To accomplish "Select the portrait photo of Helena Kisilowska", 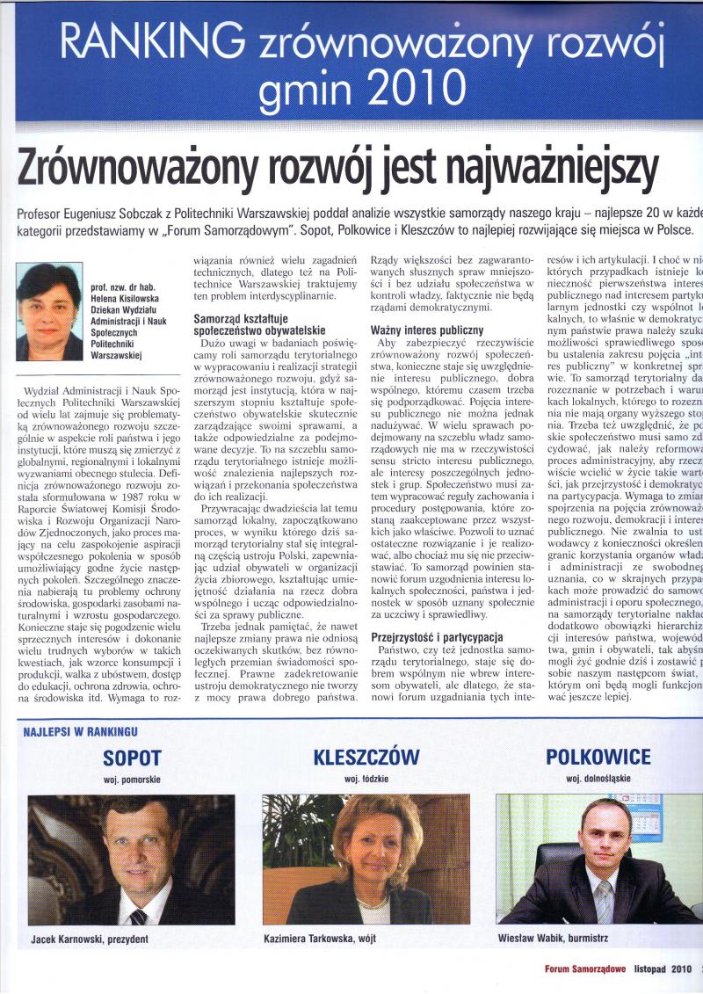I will click(x=49, y=311).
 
